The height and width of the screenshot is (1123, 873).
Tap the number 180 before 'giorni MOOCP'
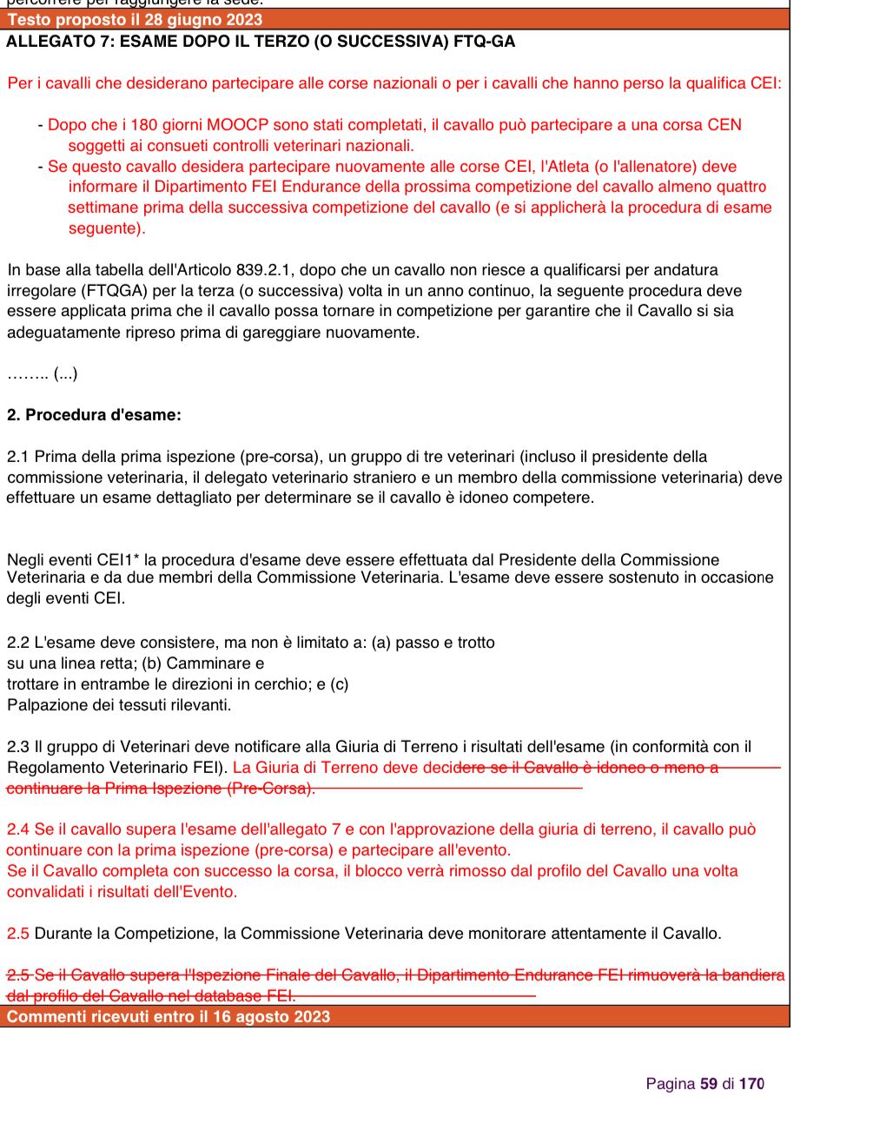pos(144,125)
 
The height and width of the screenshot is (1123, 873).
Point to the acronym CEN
pos(724,125)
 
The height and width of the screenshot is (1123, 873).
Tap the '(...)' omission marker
pos(65,374)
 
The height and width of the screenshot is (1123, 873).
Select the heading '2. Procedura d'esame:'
pos(94,415)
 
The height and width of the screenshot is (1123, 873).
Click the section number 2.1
pos(18,457)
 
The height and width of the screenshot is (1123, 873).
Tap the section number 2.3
pos(18,747)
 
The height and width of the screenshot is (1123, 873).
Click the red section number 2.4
pos(18,829)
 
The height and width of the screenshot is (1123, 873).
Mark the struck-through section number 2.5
pos(18,975)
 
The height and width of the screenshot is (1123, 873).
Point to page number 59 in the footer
pos(709,1084)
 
